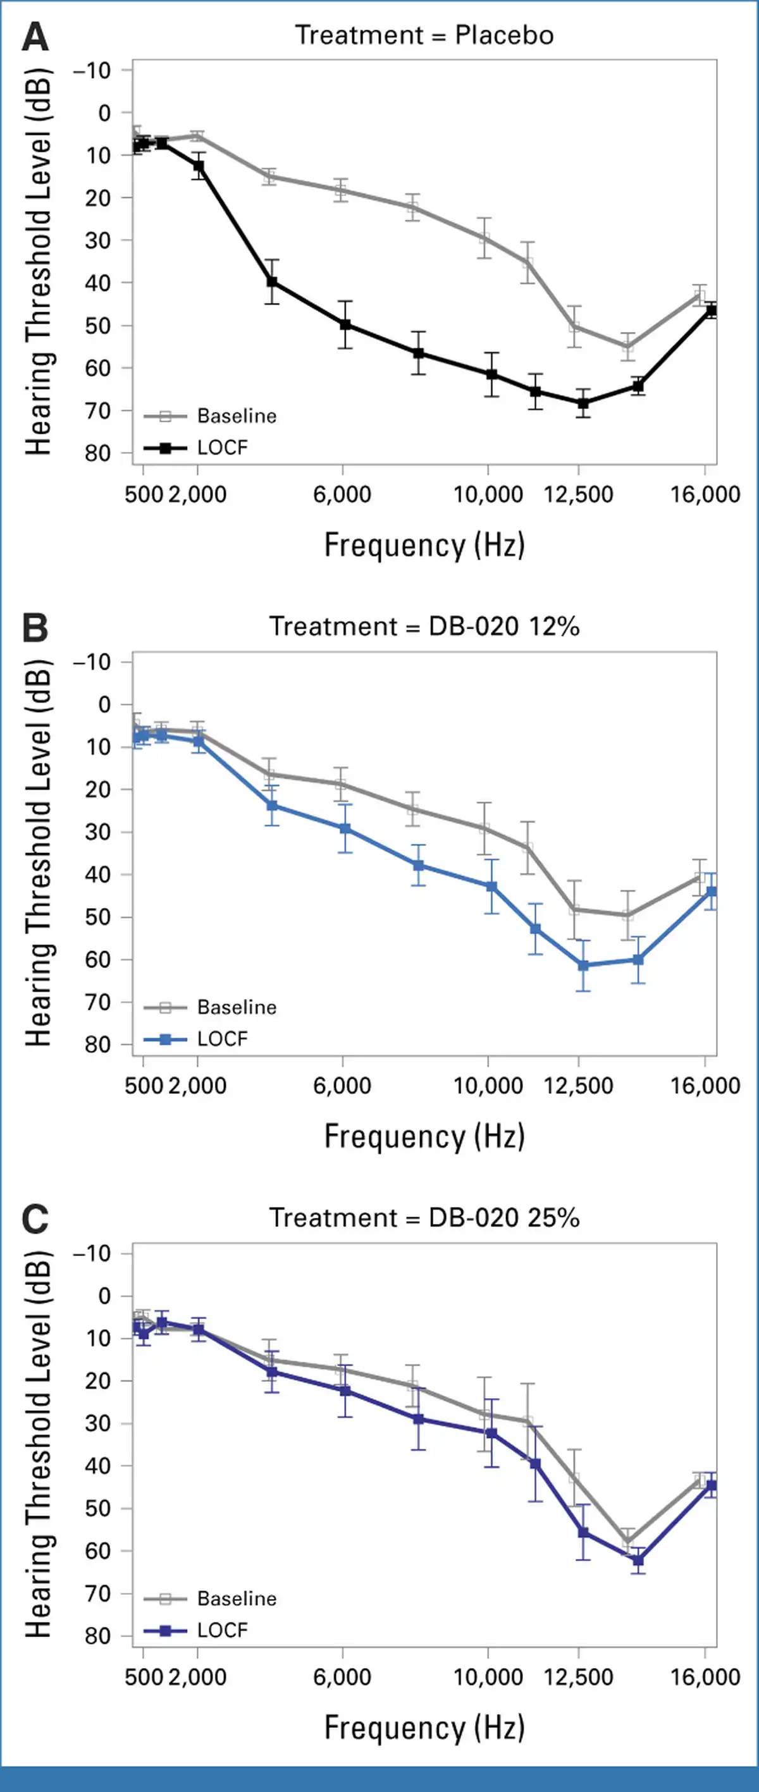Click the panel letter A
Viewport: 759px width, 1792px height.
[x=35, y=37]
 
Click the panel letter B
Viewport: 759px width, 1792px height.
[x=35, y=627]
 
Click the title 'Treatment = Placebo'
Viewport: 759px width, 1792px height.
[x=424, y=35]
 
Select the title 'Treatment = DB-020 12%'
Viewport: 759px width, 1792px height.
[x=424, y=626]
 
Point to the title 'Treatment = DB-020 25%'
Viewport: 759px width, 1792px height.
[x=424, y=1217]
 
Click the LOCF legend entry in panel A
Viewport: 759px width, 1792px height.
[x=196, y=447]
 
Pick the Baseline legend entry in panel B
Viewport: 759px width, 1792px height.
[x=210, y=1007]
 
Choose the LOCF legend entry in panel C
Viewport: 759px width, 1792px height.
[x=196, y=1630]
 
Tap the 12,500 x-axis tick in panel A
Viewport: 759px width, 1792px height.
[x=578, y=494]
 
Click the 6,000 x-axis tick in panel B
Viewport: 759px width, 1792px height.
[x=342, y=1086]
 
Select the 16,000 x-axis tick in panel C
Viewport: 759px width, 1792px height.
[x=705, y=1677]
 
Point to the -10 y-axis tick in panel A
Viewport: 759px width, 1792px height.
[x=92, y=70]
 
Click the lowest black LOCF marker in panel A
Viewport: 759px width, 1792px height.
[x=583, y=403]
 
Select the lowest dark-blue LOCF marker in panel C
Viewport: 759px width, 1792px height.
[x=638, y=1560]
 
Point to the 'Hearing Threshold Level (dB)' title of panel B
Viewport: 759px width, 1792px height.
[x=38, y=853]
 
